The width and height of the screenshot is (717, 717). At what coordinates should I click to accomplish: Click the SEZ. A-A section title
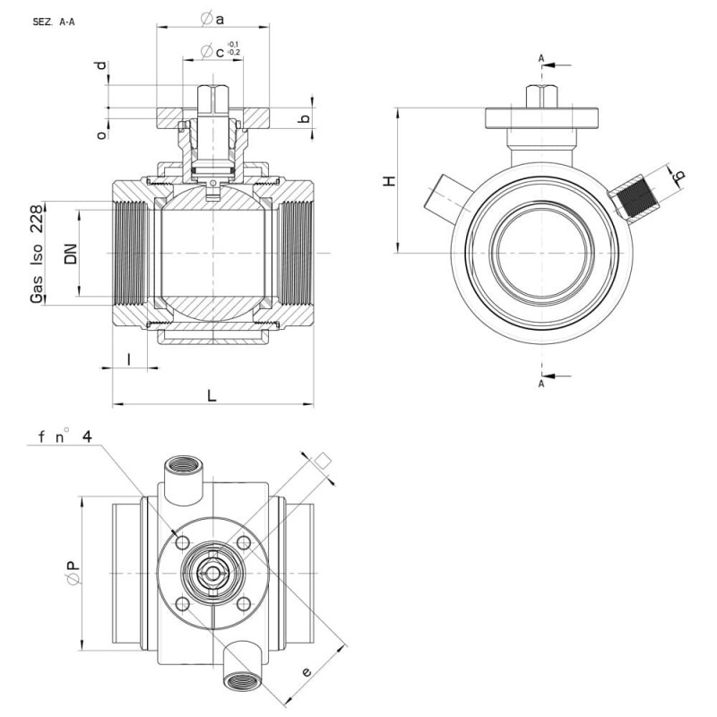(x=54, y=22)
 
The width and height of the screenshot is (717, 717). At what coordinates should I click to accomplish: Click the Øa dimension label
(x=212, y=19)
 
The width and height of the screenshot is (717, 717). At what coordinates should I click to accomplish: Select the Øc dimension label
(x=212, y=52)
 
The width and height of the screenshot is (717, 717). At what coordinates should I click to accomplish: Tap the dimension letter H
(x=389, y=181)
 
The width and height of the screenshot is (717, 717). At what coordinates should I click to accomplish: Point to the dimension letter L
(x=212, y=395)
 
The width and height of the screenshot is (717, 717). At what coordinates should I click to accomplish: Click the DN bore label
(x=71, y=254)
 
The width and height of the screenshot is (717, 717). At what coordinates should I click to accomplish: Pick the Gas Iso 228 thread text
(x=37, y=255)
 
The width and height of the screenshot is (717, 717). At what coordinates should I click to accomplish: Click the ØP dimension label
(x=73, y=573)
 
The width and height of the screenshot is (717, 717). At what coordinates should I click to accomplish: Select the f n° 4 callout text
(x=65, y=437)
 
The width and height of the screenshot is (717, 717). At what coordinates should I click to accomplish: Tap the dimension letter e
(x=307, y=671)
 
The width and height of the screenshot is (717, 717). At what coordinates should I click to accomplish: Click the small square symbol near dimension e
(x=323, y=461)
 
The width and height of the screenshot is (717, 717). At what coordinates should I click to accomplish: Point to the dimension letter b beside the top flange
(x=304, y=119)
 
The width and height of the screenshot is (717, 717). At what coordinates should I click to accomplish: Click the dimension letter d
(x=101, y=65)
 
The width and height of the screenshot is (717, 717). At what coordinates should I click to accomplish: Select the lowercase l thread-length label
(x=129, y=359)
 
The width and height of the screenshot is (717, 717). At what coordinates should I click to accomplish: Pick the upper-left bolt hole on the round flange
(x=183, y=543)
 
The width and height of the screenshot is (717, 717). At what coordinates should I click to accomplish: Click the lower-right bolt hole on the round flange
(x=244, y=604)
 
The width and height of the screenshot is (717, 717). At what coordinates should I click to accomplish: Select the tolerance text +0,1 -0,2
(x=234, y=48)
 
